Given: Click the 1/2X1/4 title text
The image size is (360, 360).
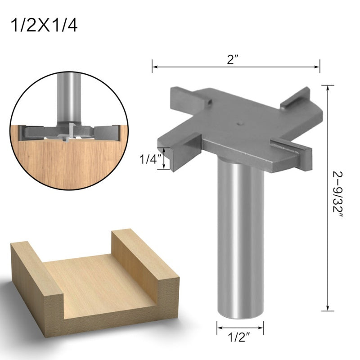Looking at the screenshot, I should (44, 25).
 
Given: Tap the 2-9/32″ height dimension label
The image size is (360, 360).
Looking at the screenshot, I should (338, 197).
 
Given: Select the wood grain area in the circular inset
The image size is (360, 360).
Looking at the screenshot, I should (67, 157).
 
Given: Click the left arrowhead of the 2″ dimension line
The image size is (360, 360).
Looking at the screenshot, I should (154, 67).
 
